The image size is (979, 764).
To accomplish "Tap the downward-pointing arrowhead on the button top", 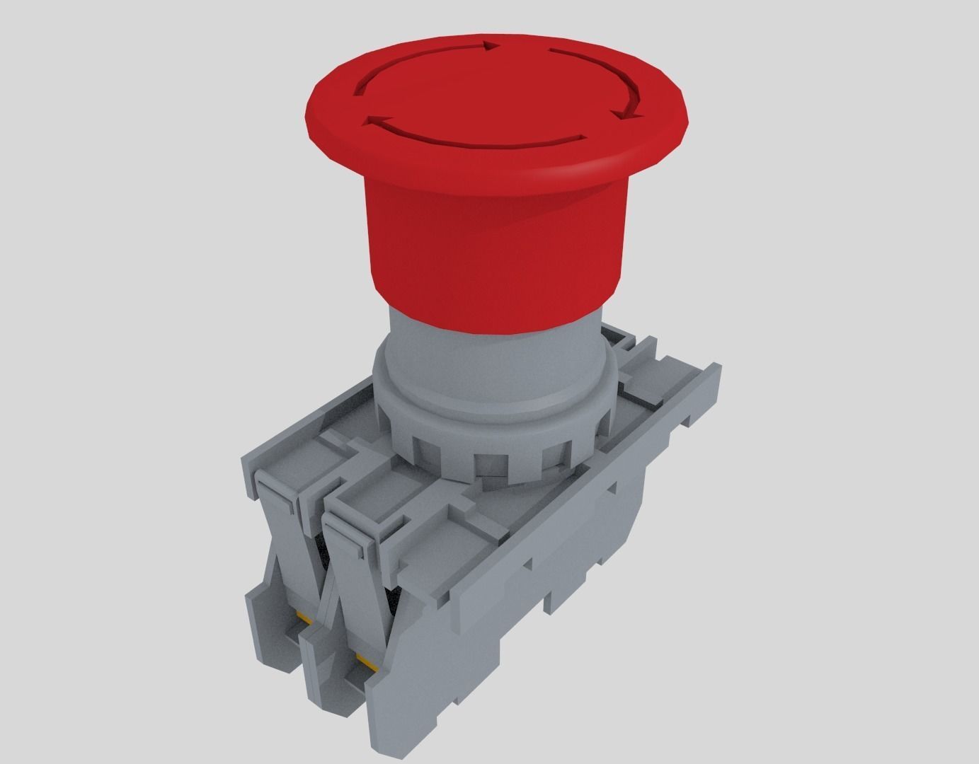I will tap(627, 114).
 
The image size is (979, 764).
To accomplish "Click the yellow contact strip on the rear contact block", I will tap(307, 620).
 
